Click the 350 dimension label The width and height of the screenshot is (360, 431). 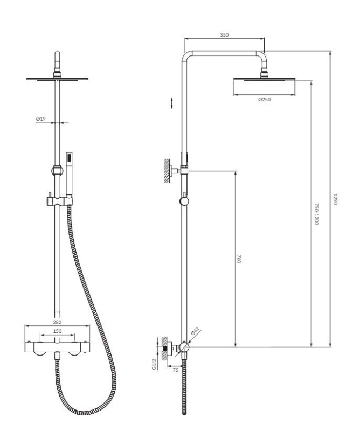point(224,35)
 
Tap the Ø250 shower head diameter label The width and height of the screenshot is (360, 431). point(264,100)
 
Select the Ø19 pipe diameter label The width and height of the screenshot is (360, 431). point(41,119)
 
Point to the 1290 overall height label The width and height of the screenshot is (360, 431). point(335,199)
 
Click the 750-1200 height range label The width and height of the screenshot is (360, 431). point(316,214)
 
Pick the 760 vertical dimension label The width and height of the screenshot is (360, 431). point(239,259)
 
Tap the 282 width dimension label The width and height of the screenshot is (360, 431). point(57,322)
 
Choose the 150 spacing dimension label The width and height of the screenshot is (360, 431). point(57,331)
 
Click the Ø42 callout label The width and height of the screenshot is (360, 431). point(195,331)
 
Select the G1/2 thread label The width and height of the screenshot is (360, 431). point(154,364)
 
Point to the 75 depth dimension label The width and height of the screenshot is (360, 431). point(176,370)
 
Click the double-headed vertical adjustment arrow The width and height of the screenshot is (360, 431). point(172,103)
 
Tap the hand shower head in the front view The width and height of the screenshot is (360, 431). point(70,174)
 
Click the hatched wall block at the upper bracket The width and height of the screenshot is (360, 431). point(167,171)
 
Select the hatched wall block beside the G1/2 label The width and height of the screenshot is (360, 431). point(164,349)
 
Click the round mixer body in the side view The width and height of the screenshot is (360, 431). point(184,347)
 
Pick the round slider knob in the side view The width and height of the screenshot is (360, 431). point(184,201)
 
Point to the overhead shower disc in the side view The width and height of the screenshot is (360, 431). point(264,79)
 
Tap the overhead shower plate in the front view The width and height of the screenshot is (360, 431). point(57,79)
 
